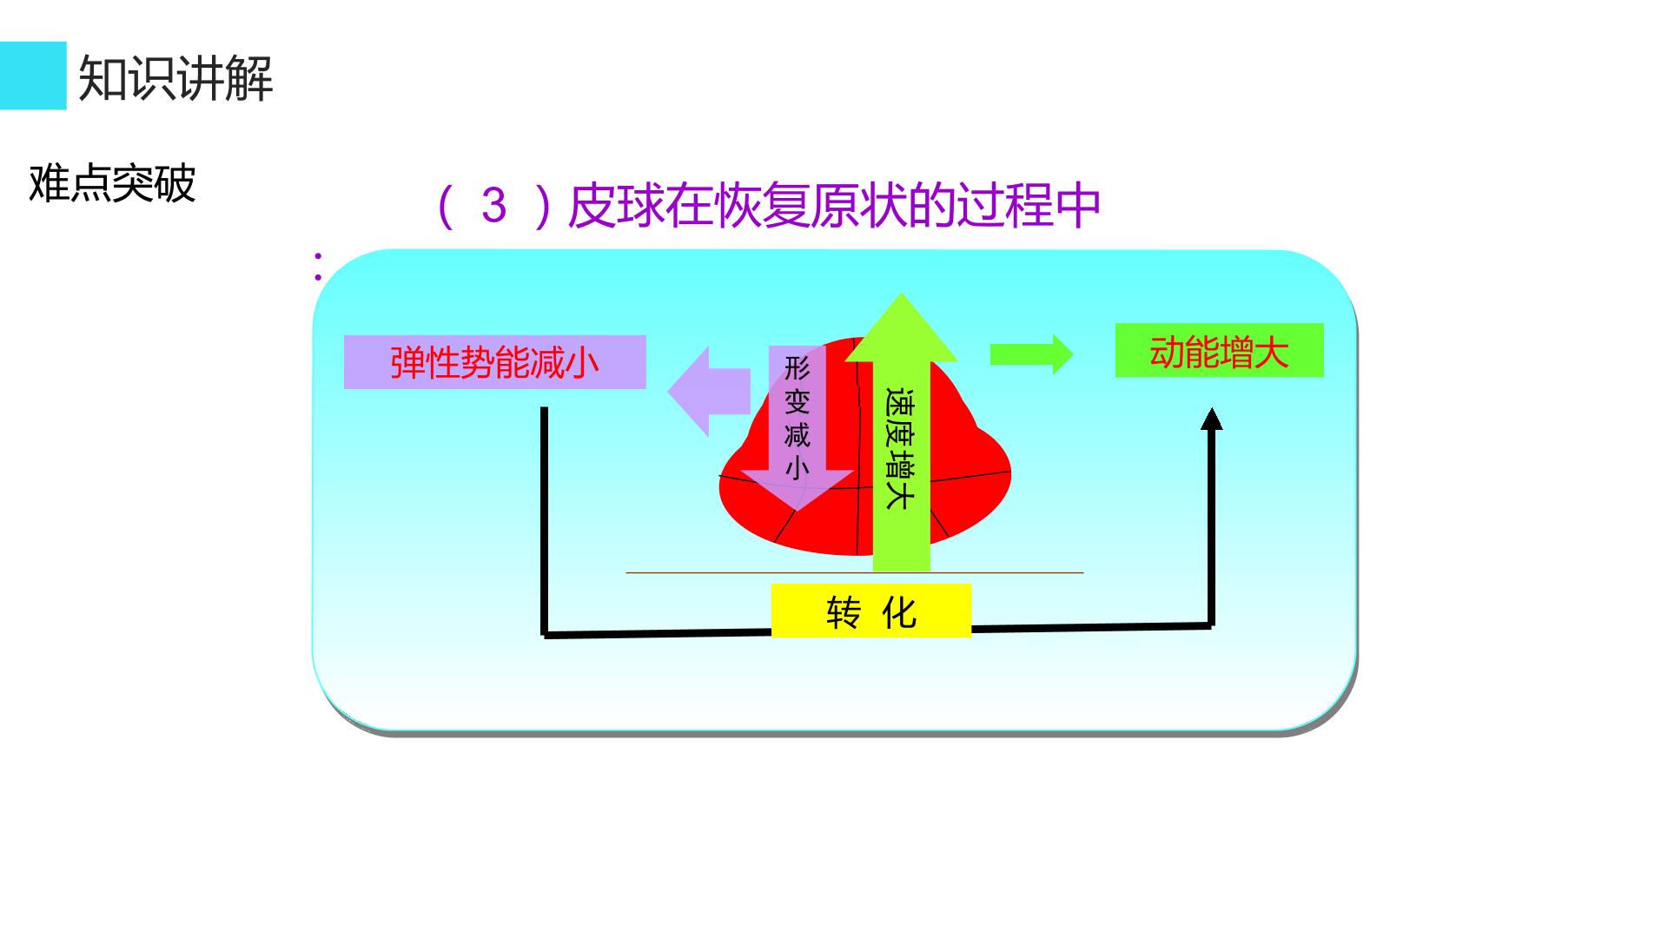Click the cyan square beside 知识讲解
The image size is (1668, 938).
tap(33, 76)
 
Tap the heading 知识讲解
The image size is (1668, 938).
tap(175, 78)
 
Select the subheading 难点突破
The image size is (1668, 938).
tap(112, 183)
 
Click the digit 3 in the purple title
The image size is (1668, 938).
tap(493, 205)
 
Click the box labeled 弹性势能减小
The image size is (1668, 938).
tap(495, 362)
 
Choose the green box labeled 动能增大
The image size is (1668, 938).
tap(1219, 351)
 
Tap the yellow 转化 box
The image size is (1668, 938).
tap(871, 611)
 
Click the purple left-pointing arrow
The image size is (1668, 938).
tap(709, 392)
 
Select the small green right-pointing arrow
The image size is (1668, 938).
tap(1032, 354)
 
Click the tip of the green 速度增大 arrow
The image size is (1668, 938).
tap(902, 294)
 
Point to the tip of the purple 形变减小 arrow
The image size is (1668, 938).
tap(797, 511)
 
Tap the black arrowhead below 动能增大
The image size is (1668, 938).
tap(1211, 419)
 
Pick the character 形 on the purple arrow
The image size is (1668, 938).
tap(797, 368)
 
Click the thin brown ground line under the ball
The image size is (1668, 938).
tap(855, 573)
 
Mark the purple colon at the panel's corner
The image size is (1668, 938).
tap(318, 267)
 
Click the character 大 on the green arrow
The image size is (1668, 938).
tap(899, 495)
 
